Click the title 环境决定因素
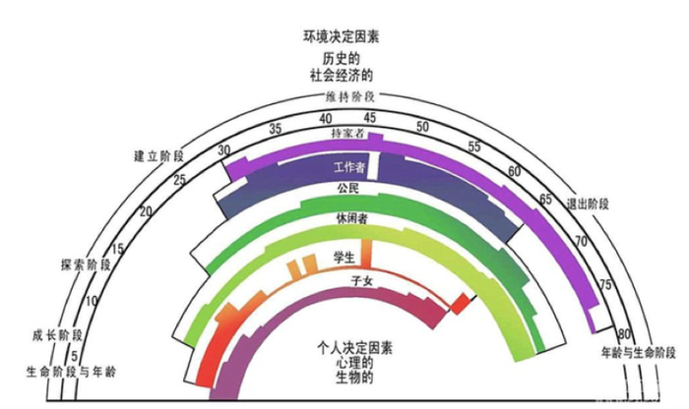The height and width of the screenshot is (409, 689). tap(342, 37)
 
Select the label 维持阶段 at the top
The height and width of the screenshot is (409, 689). tap(349, 96)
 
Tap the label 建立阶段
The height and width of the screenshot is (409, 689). tap(158, 156)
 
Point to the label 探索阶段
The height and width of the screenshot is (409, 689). tap(85, 264)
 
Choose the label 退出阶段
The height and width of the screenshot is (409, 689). tap(588, 204)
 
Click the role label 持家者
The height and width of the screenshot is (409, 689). tap(348, 132)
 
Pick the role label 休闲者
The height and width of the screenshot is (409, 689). tap(351, 219)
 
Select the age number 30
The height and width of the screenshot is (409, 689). tap(225, 150)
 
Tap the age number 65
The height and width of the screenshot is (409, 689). tap(545, 200)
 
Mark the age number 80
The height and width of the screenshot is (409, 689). tap(623, 332)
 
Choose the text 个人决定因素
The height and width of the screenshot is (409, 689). tap(355, 347)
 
